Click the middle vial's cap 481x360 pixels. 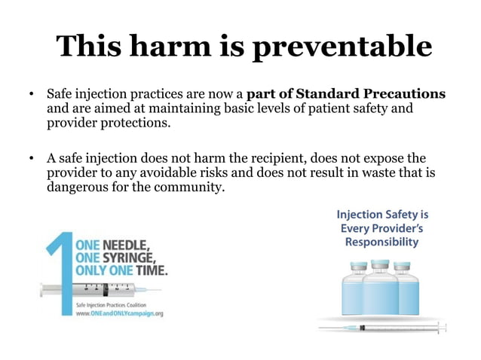click(x=380, y=264)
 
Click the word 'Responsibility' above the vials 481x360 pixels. click(x=381, y=243)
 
